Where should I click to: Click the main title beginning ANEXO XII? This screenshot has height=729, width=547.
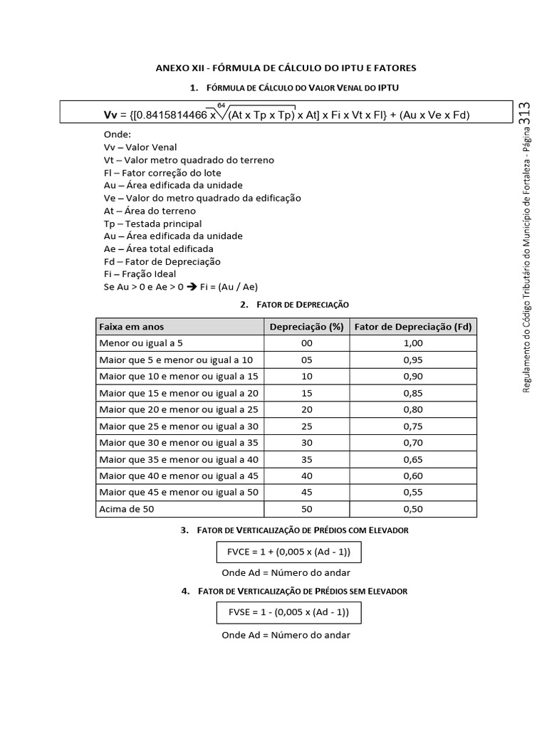coord(286,68)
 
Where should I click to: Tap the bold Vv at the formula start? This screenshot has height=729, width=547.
coord(110,115)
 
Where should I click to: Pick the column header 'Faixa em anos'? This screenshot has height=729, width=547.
coord(132,327)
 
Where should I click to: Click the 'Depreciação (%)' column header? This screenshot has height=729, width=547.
coord(306,327)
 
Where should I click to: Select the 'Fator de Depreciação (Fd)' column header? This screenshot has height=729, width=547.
coord(413,327)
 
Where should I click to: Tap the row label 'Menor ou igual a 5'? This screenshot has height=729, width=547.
coord(141,342)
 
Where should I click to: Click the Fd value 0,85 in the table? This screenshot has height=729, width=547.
coord(413,393)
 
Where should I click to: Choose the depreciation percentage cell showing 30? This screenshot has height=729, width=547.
coord(306,443)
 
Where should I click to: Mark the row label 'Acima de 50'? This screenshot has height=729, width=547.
coord(126,509)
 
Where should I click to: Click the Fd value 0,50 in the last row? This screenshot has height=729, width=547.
coord(413,509)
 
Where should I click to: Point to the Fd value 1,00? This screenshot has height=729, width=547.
coord(413,342)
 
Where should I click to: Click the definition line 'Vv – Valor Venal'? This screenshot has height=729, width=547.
coord(140,147)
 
